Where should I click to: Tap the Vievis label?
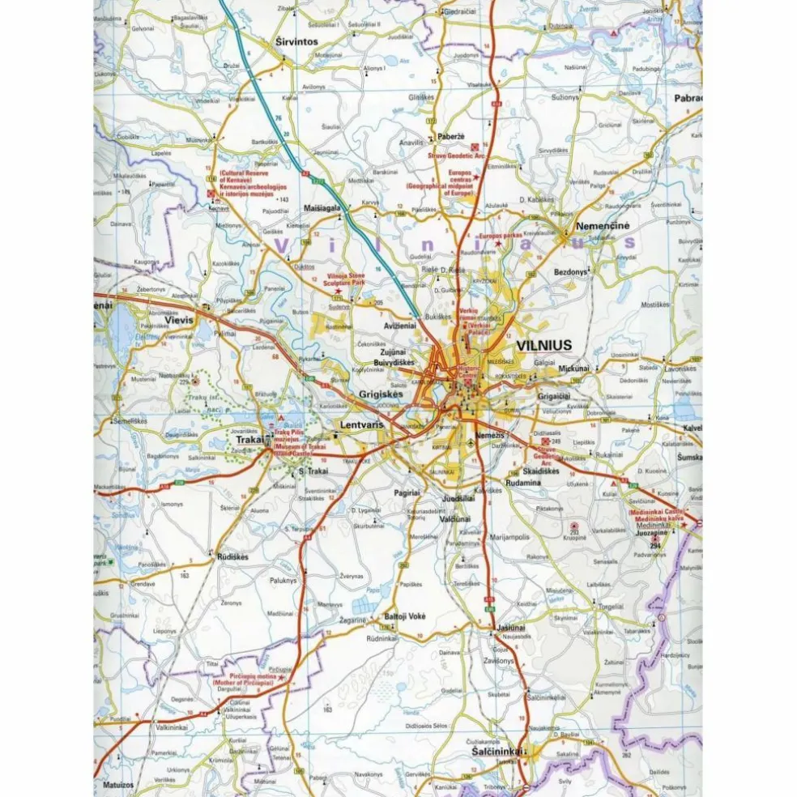click(x=181, y=320)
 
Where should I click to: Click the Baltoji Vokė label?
click(x=405, y=616)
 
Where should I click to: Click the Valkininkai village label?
click(x=173, y=727)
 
